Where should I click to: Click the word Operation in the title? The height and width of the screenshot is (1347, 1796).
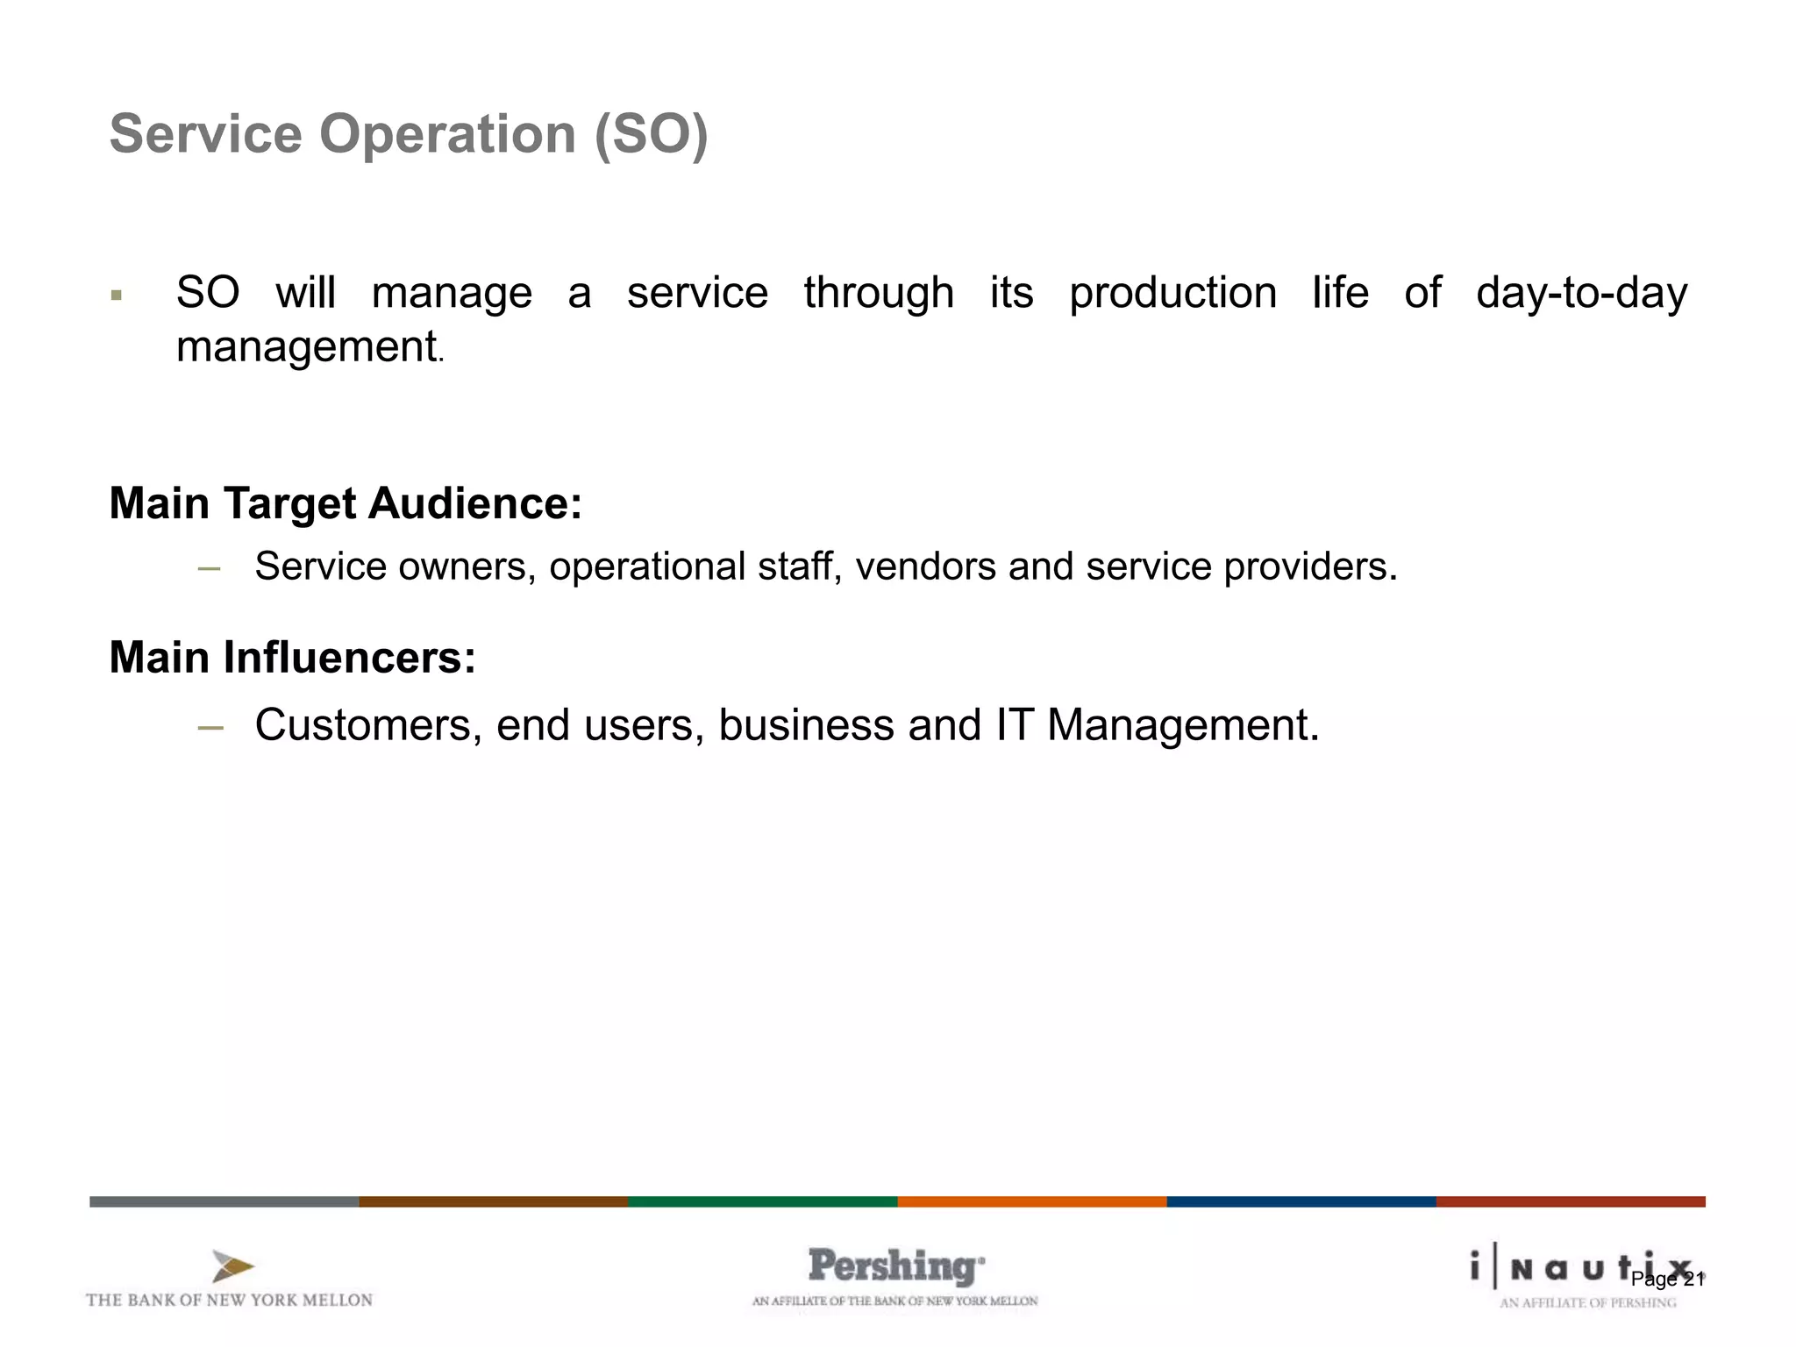pyautogui.click(x=446, y=134)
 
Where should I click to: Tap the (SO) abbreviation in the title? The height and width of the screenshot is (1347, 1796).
pyautogui.click(x=651, y=134)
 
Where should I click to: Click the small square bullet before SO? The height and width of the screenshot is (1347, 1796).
pyautogui.click(x=117, y=296)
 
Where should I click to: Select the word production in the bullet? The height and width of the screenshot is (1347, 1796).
pyautogui.click(x=1172, y=294)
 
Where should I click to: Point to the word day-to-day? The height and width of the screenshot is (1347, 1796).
pyautogui.click(x=1581, y=293)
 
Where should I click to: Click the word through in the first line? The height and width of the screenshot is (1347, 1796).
pyautogui.click(x=879, y=293)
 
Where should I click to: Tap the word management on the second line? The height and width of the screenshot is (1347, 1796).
pyautogui.click(x=306, y=346)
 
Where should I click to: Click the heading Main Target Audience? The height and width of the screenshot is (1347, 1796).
pyautogui.click(x=346, y=503)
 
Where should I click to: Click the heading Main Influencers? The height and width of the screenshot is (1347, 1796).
pyautogui.click(x=292, y=657)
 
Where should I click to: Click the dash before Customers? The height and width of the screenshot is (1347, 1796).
pyautogui.click(x=210, y=728)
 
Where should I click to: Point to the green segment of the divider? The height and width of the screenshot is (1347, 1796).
pyautogui.click(x=762, y=1201)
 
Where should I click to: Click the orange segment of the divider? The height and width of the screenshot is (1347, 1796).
pyautogui.click(x=1031, y=1201)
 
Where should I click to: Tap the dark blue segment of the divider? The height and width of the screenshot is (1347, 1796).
pyautogui.click(x=1301, y=1201)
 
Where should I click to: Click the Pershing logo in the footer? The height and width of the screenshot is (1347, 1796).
pyautogui.click(x=895, y=1267)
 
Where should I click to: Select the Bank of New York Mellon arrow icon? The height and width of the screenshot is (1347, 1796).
pyautogui.click(x=232, y=1266)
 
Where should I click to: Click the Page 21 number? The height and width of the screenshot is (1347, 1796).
pyautogui.click(x=1667, y=1279)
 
